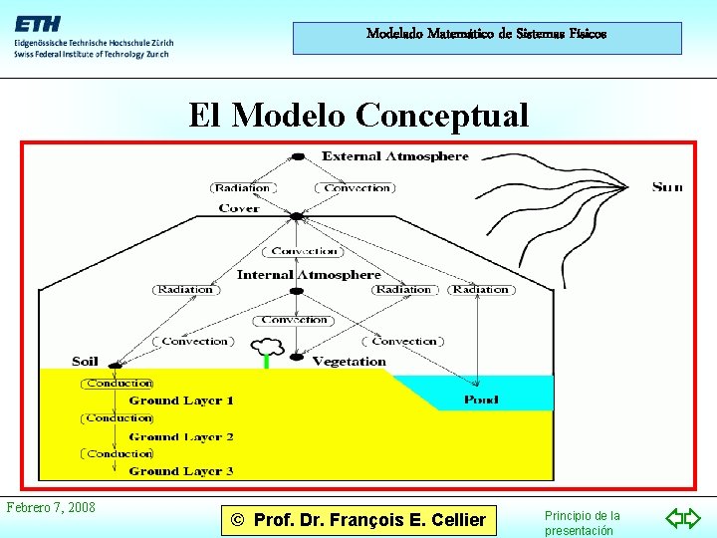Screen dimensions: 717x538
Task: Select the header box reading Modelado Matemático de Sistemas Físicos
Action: pyautogui.click(x=487, y=38)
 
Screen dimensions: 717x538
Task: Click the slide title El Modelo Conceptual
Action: pyautogui.click(x=359, y=116)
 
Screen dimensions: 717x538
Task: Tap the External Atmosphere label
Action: pyautogui.click(x=394, y=156)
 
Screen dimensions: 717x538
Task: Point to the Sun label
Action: pyautogui.click(x=667, y=186)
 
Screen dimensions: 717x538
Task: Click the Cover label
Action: pyautogui.click(x=239, y=208)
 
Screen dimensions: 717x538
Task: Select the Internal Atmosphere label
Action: pyautogui.click(x=309, y=274)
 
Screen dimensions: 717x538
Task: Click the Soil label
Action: pyautogui.click(x=86, y=361)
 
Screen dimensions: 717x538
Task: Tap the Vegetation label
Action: pyautogui.click(x=349, y=362)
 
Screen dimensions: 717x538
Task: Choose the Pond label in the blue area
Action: pyautogui.click(x=482, y=400)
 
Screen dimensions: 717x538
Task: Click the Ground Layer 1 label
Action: pyautogui.click(x=181, y=401)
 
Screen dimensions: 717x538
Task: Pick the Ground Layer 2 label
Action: pyautogui.click(x=181, y=436)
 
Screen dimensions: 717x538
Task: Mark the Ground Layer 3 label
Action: pyautogui.click(x=181, y=471)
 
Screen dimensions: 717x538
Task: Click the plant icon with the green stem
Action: pyautogui.click(x=266, y=352)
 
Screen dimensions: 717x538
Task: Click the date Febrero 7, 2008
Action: pyautogui.click(x=51, y=507)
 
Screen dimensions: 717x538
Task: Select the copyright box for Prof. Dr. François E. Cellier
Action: pyautogui.click(x=359, y=519)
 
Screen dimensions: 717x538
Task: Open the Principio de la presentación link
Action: pyautogui.click(x=583, y=523)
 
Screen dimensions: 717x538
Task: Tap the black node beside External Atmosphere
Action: pyautogui.click(x=298, y=156)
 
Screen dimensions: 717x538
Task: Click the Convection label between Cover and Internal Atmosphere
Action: pyautogui.click(x=305, y=251)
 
